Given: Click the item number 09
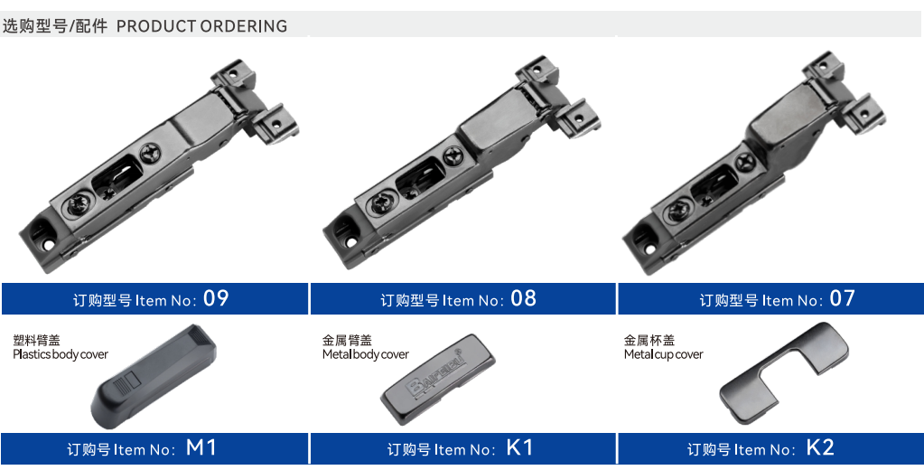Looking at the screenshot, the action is click(x=216, y=298).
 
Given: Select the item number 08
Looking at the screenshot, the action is click(x=523, y=298).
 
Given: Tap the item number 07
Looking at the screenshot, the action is click(x=842, y=298).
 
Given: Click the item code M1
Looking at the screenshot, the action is click(x=201, y=447).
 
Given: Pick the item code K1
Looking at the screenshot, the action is click(x=519, y=447).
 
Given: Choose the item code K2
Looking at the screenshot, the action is click(x=820, y=447).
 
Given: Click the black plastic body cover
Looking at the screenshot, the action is click(x=154, y=376).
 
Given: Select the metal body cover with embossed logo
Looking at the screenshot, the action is click(x=438, y=380).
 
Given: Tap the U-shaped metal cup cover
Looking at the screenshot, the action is click(x=784, y=372).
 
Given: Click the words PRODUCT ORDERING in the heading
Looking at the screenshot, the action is click(x=201, y=26).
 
